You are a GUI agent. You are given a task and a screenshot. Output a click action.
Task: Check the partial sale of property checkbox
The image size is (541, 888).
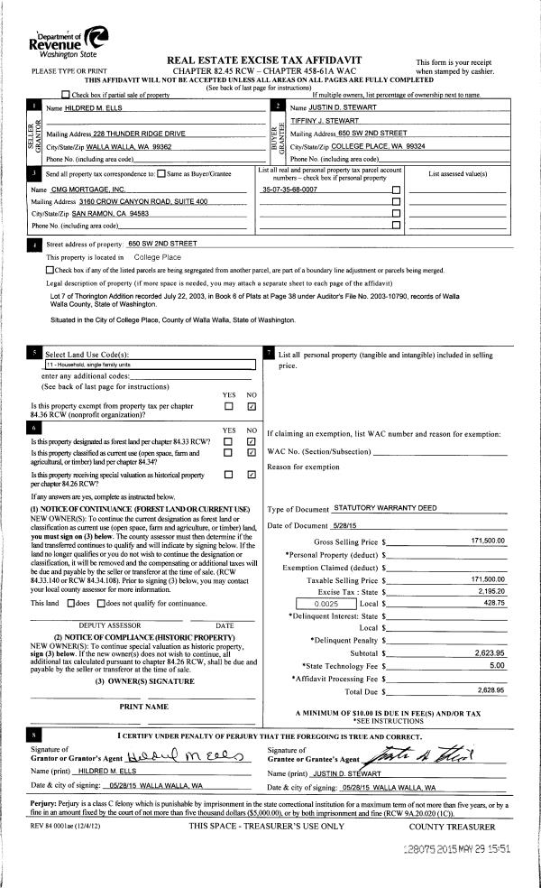pyautogui.click(x=65, y=95)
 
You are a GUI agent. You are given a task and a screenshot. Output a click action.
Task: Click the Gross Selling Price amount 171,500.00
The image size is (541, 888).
pyautogui.click(x=488, y=540)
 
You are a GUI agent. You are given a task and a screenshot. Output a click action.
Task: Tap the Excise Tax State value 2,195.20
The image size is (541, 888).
pyautogui.click(x=490, y=590)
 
